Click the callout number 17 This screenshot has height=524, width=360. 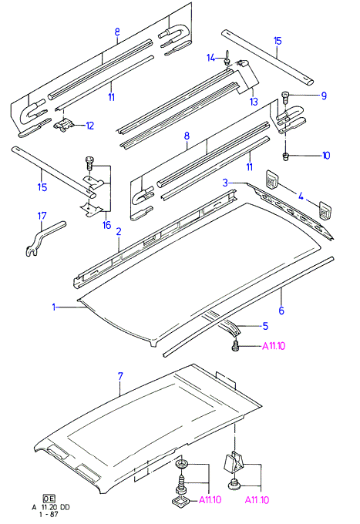[x=42, y=216]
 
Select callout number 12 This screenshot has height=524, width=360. [x=90, y=126]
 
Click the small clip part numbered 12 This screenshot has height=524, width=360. [x=63, y=126]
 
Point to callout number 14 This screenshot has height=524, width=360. [x=210, y=58]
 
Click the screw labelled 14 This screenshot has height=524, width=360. [x=227, y=57]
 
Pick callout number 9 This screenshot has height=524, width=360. [x=324, y=96]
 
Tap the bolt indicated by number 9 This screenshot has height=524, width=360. [x=285, y=97]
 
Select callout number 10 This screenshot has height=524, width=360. [x=326, y=156]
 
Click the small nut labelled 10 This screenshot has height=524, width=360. [x=285, y=156]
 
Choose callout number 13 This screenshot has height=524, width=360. [x=254, y=101]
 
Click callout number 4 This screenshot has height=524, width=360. [x=301, y=196]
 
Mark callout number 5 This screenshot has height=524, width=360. [x=265, y=326]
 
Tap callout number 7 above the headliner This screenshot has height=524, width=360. [x=120, y=376]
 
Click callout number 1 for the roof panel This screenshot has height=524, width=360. [x=54, y=307]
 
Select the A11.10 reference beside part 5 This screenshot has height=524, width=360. [x=274, y=346]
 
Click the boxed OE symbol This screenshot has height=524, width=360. [x=49, y=499]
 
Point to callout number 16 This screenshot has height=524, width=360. [x=106, y=225]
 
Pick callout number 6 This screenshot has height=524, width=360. [x=281, y=311]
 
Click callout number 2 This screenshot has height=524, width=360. [x=119, y=231]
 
